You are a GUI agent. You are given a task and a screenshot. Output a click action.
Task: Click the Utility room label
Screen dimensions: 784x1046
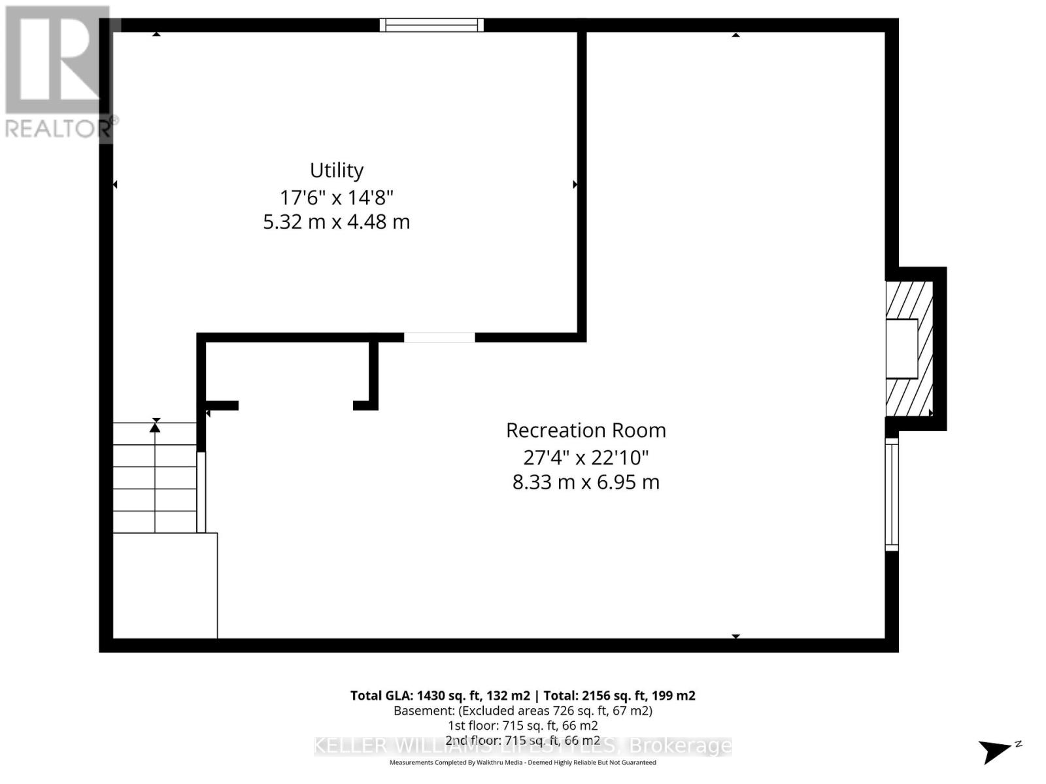(336, 171)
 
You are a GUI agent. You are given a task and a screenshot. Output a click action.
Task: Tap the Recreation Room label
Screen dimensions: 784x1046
(586, 431)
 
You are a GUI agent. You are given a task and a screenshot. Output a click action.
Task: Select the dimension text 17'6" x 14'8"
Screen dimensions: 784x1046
(336, 197)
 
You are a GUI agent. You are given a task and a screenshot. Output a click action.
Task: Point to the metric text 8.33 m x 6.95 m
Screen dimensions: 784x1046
(586, 483)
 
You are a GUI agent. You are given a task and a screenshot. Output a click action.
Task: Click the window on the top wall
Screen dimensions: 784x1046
(431, 25)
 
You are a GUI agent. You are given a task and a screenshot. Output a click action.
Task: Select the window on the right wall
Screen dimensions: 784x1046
(892, 494)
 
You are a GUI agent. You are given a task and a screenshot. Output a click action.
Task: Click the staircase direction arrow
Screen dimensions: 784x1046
(155, 426)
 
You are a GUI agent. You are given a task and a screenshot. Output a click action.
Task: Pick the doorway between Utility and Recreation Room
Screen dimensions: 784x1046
(439, 338)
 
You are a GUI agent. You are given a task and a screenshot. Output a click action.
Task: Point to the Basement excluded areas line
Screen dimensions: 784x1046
(522, 711)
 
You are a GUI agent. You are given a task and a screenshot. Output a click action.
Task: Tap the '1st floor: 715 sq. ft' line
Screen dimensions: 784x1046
(522, 726)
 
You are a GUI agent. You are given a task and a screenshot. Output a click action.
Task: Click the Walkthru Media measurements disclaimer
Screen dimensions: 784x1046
(522, 762)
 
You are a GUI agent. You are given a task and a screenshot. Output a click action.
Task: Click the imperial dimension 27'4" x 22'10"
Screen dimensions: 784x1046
(586, 457)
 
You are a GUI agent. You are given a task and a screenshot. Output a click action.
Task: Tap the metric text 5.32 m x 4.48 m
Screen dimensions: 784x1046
(336, 222)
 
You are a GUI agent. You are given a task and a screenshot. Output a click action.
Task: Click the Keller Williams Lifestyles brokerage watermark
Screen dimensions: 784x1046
(522, 745)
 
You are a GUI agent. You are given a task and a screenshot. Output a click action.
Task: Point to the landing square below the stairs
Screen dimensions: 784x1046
(165, 585)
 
